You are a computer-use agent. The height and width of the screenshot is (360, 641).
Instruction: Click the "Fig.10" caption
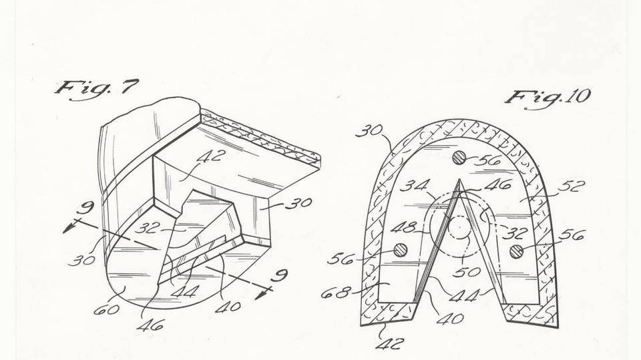tap(547, 96)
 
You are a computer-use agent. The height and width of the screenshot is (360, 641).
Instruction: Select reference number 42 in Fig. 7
tap(212, 158)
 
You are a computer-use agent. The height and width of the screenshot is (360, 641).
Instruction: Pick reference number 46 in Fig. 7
tap(153, 325)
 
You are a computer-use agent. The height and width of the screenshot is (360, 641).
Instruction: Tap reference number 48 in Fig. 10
tap(404, 227)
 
